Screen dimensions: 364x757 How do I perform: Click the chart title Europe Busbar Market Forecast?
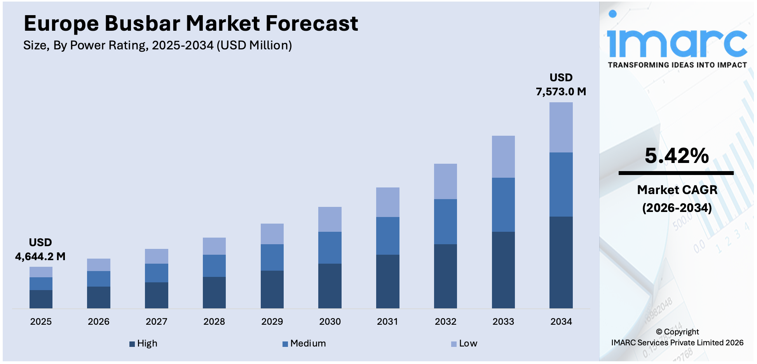click(x=190, y=23)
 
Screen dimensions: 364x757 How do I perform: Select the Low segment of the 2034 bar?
click(x=561, y=127)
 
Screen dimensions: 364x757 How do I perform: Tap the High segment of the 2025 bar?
click(x=41, y=299)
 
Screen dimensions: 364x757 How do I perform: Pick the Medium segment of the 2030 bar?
click(x=330, y=248)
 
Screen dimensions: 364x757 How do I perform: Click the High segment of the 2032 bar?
click(x=445, y=276)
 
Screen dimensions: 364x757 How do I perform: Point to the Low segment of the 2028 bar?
click(x=214, y=246)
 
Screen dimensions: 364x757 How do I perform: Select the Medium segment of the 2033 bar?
click(x=503, y=205)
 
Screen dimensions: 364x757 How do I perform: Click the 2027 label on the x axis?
click(x=156, y=322)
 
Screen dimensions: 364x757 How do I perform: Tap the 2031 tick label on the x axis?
click(x=387, y=322)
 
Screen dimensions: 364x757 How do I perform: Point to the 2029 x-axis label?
click(x=272, y=322)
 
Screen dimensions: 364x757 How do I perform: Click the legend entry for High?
click(x=143, y=343)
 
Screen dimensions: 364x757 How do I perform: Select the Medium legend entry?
click(x=304, y=343)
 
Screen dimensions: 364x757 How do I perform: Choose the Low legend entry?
click(x=464, y=343)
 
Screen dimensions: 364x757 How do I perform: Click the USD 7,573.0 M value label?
click(x=561, y=85)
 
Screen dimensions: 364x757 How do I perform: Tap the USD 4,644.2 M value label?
click(x=40, y=250)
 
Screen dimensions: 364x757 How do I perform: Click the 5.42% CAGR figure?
click(x=677, y=156)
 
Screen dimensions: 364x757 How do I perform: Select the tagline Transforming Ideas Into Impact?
click(x=677, y=65)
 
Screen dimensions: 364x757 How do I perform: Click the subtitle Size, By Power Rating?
click(x=157, y=45)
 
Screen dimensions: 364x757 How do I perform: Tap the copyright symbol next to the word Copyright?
click(x=659, y=332)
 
